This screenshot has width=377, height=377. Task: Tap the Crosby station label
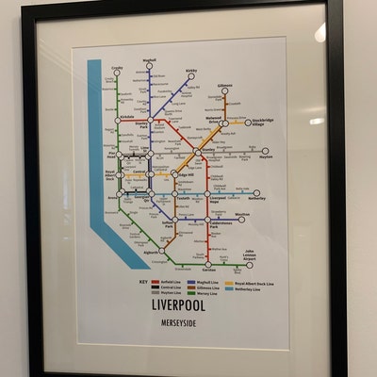(118, 69)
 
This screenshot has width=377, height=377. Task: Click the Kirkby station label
(191, 69)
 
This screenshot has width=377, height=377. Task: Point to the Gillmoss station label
(224, 86)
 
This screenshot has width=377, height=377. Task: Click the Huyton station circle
(266, 151)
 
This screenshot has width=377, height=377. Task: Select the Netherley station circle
(256, 193)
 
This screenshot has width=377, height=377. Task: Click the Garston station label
(209, 270)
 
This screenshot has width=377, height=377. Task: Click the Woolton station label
(242, 215)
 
